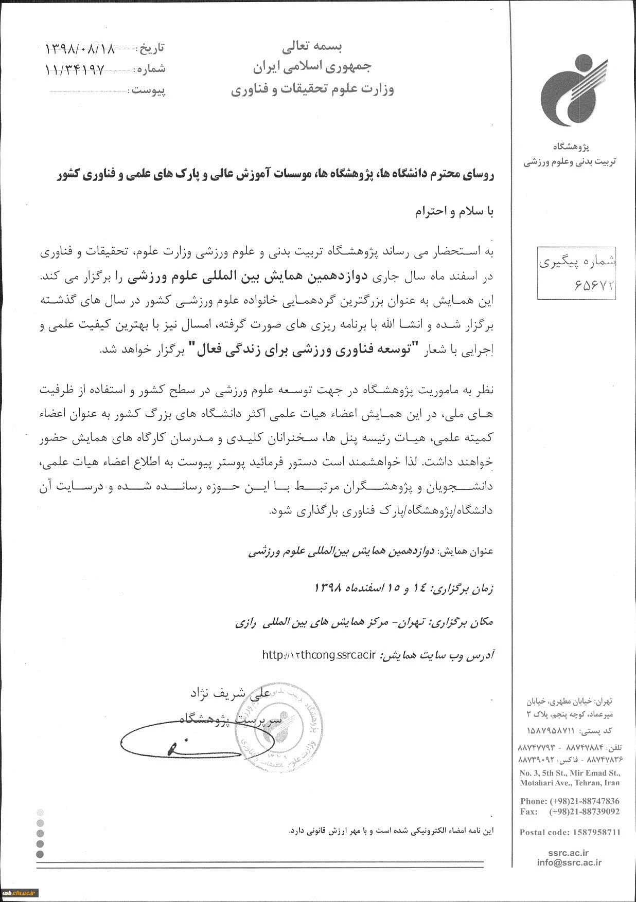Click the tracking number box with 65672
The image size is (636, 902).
coord(576,272)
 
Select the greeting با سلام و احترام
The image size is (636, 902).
coord(454,212)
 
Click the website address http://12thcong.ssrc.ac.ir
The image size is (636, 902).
coord(320,655)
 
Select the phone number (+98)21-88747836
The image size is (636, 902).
coord(585,801)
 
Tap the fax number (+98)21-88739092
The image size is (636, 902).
coord(585,812)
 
